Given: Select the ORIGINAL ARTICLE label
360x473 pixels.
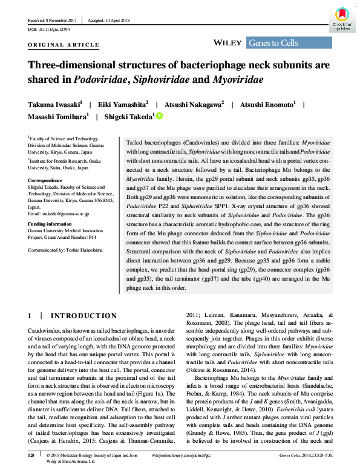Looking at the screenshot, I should (64, 45).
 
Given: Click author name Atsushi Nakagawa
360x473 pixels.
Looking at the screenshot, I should (190, 105).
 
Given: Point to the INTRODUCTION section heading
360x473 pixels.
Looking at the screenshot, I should (84, 315).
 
